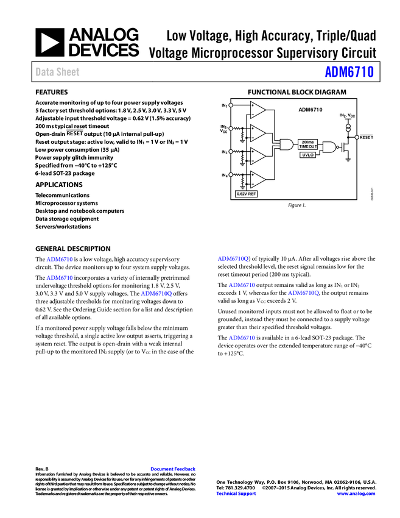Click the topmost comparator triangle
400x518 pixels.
pos(258,110)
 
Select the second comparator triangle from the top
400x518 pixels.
pos(258,133)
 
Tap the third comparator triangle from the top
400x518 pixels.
pos(258,156)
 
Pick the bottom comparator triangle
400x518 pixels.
pos(258,179)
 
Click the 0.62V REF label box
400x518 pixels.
pos(246,194)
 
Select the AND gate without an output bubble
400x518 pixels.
pos(286,144)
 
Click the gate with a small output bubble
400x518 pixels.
pos(329,147)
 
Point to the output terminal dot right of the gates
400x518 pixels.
pos(357,137)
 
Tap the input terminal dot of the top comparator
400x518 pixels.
pos(231,105)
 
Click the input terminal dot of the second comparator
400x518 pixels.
pos(231,128)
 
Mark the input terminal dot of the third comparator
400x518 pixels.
pos(231,151)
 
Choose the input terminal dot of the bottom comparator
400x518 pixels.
pos(231,174)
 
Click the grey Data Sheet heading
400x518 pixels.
pos(58,72)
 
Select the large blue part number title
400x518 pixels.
pos(349,72)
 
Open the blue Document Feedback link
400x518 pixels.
pos(174,469)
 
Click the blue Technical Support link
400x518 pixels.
pos(236,494)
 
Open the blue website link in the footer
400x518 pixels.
pos(356,494)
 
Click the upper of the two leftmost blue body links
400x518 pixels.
pos(60,259)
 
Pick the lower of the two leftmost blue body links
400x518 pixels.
pos(60,277)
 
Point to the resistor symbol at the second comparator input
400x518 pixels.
pos(237,128)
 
